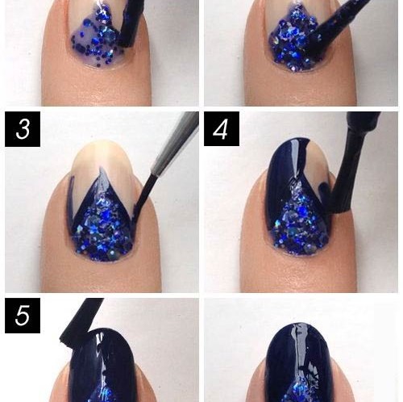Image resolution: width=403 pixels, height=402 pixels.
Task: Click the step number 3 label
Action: pos(23,129)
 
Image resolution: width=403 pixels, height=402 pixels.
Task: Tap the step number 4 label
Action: pos(222,129)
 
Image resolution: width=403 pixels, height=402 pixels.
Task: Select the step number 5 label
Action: pos(23,316)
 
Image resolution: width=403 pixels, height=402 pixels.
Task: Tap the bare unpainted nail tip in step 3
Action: pos(103,164)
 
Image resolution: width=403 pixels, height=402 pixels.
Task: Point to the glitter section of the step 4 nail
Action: pos(298,224)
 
